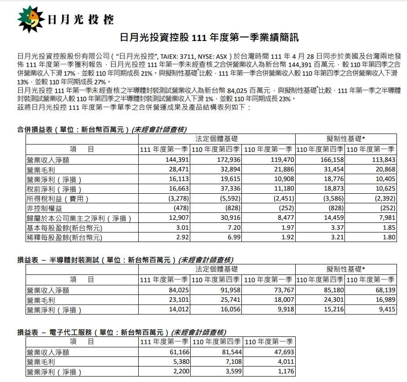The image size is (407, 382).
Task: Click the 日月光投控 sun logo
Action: [31, 18]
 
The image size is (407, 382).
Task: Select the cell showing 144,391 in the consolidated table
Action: [175, 160]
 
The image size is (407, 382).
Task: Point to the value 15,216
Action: [333, 310]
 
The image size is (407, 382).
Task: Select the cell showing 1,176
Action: [284, 372]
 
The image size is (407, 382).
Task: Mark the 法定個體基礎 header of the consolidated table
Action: [216, 139]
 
